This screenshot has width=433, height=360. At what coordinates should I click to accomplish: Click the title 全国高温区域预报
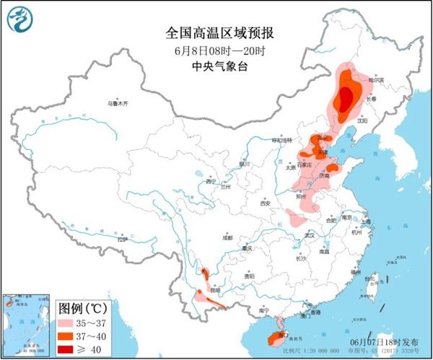216,32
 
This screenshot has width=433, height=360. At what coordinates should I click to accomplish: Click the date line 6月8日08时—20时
216,51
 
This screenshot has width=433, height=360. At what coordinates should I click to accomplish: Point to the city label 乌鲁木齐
117,104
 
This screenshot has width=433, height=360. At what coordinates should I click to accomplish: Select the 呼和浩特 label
283,139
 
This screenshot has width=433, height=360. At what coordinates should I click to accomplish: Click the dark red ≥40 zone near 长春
346,97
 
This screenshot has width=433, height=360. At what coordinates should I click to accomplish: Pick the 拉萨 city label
122,238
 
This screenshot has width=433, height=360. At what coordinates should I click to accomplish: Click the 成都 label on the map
228,237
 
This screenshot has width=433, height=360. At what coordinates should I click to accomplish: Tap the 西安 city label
265,204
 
